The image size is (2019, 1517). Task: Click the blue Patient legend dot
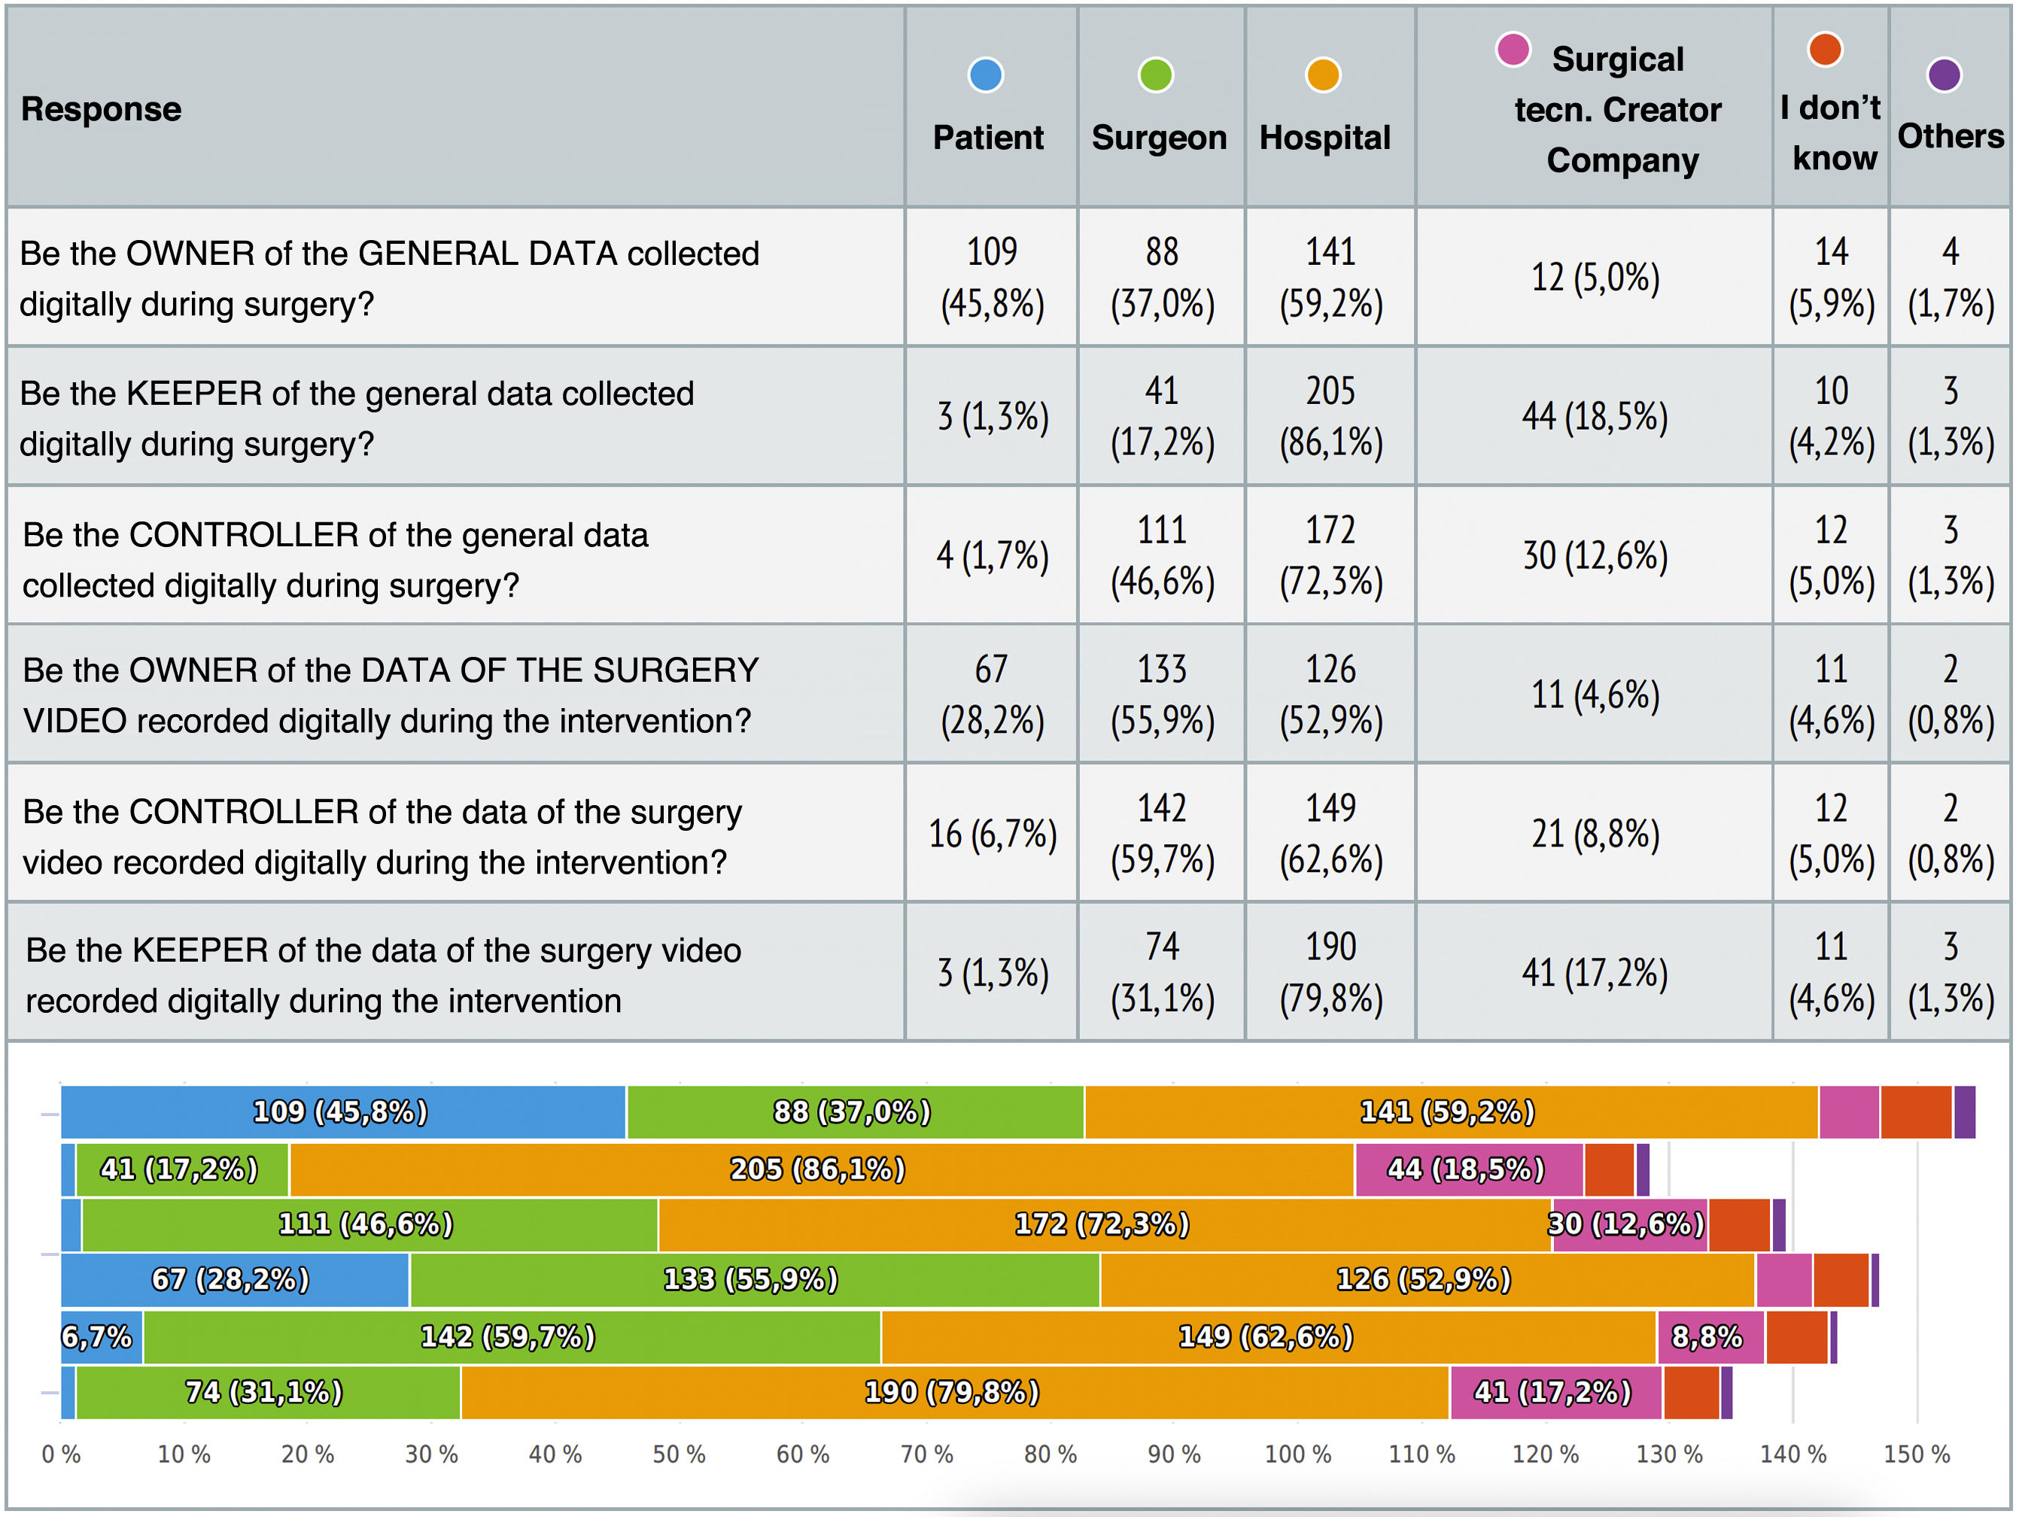coord(985,74)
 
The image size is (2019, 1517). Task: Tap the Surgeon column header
coord(1159,138)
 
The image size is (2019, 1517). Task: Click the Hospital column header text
coord(1324,138)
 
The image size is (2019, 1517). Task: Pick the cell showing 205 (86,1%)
coord(1330,416)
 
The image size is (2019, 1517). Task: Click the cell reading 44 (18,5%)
coord(1594,416)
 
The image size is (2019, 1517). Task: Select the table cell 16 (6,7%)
coord(992,833)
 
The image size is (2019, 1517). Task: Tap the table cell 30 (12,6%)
coord(1594,556)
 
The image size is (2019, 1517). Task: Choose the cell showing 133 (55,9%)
coord(1162,695)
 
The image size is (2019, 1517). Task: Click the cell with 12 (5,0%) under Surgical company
coord(1594,278)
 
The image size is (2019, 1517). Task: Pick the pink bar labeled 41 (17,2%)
coord(1553,1392)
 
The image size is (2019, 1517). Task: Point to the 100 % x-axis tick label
coord(1297,1454)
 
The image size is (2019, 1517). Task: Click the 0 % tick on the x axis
coord(61,1454)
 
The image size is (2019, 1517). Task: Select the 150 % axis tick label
coord(1916,1454)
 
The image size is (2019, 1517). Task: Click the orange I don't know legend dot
coord(1825,50)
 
